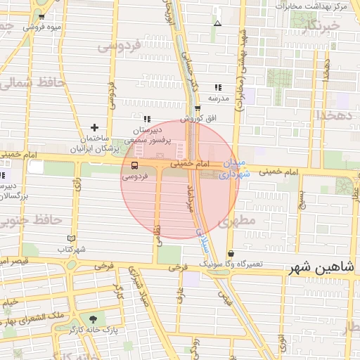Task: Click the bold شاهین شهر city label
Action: (x=323, y=268)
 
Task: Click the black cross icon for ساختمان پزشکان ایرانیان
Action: (x=94, y=127)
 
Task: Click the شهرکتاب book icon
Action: (x=70, y=238)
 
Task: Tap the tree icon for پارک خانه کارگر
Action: (x=93, y=319)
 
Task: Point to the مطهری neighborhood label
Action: (x=235, y=222)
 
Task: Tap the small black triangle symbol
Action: (x=217, y=23)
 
